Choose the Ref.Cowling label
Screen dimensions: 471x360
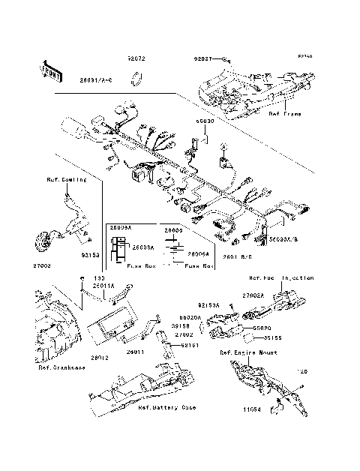point(66,180)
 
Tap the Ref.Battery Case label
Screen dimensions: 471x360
point(166,409)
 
